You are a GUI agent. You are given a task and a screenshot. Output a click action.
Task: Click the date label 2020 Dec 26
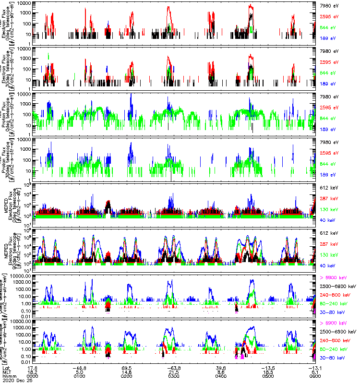coord(15,381)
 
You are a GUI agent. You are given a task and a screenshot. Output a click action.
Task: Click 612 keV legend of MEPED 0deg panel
coord(329,187)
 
